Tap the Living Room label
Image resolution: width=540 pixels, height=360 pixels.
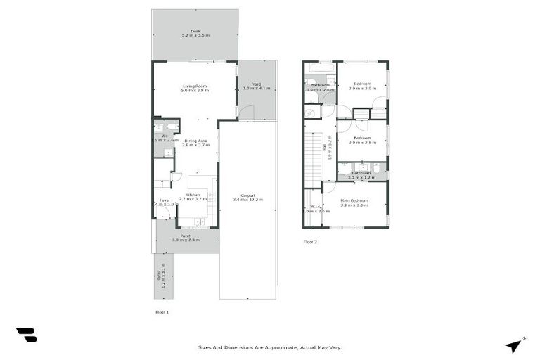[x=193, y=86]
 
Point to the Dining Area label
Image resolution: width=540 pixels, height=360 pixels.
[x=196, y=140]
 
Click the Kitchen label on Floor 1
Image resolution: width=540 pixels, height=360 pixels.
[x=193, y=195]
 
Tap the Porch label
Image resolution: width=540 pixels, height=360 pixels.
[x=186, y=236]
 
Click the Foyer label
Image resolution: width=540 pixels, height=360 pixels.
[x=164, y=200]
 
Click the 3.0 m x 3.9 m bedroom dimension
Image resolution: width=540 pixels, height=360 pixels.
[x=362, y=89]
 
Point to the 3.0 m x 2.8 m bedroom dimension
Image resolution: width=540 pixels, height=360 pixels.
[x=362, y=143]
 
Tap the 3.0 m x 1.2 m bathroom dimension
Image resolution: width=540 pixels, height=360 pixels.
[x=361, y=178]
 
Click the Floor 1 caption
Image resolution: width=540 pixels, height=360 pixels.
[x=162, y=311]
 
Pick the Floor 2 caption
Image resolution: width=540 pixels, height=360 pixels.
[x=310, y=242]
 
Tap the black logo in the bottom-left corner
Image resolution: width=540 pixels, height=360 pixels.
[x=26, y=335]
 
